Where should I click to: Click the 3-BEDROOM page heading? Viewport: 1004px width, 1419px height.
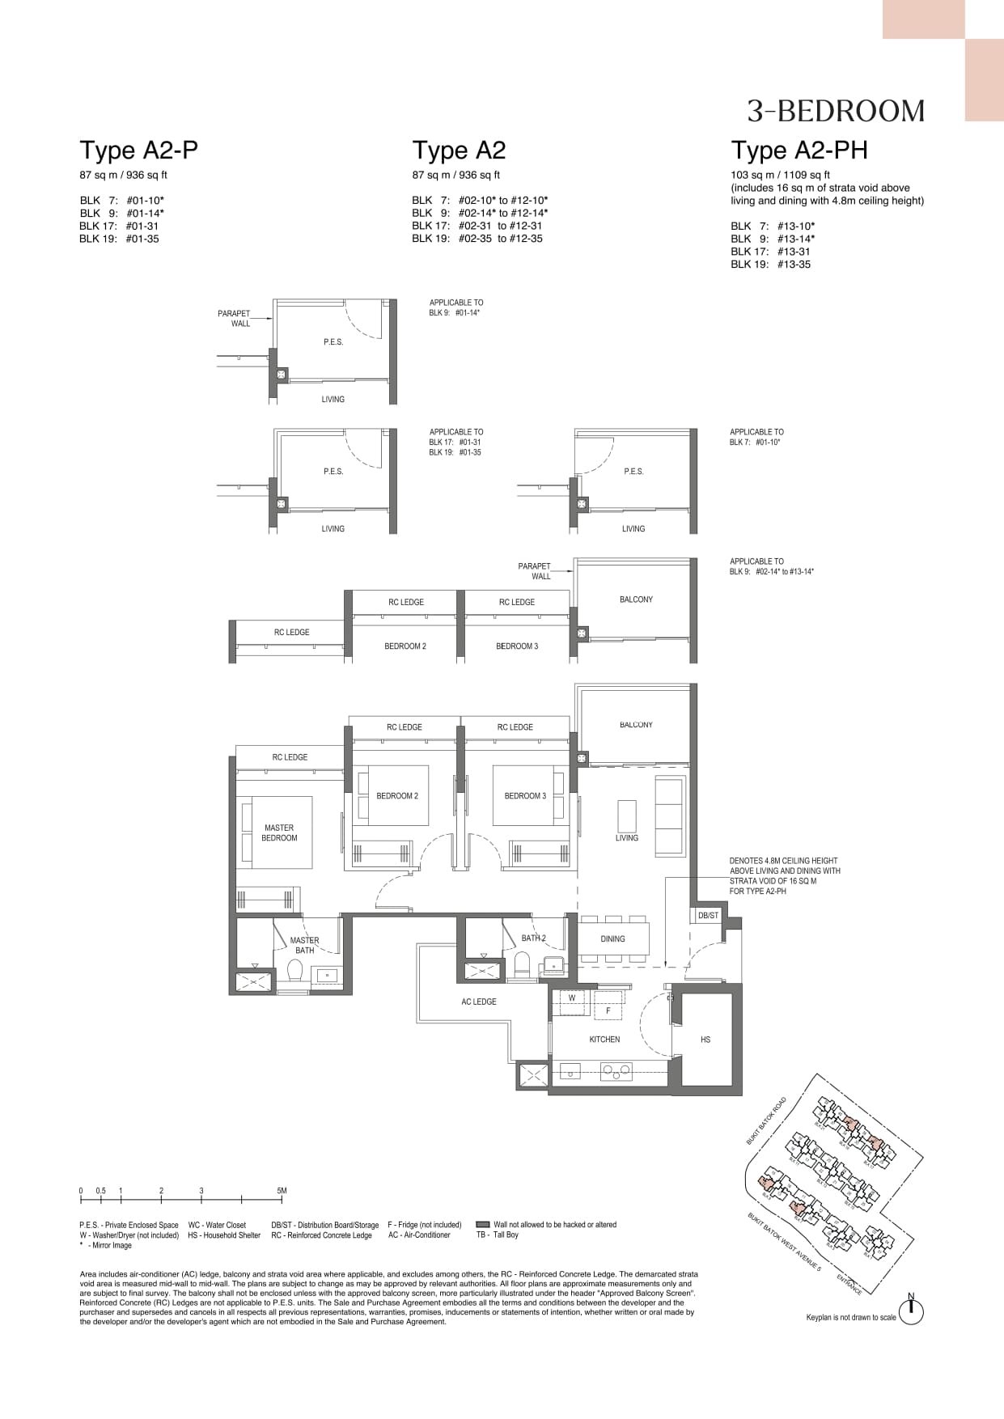[836, 111]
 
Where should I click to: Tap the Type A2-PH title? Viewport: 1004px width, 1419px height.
[799, 150]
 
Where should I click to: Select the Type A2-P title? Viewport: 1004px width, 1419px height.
[138, 150]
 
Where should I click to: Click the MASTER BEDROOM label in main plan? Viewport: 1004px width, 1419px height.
[279, 832]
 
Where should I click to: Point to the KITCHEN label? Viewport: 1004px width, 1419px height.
[604, 1039]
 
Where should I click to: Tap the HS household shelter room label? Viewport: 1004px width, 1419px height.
[705, 1039]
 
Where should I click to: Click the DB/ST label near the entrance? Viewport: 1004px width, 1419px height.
[708, 915]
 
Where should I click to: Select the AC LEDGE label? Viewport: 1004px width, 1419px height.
[479, 1002]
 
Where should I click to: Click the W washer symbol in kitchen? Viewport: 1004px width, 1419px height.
[572, 998]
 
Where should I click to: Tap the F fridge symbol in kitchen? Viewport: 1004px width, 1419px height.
[608, 1010]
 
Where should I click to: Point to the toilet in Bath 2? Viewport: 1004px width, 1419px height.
[522, 965]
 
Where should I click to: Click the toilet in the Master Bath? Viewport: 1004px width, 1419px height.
[295, 973]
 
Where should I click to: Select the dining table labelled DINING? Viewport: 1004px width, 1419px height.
[612, 939]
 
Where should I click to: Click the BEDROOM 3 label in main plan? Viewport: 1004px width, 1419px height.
[525, 796]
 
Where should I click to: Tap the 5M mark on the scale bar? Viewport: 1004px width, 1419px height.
[282, 1191]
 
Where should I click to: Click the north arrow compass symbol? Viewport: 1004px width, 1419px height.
[911, 1312]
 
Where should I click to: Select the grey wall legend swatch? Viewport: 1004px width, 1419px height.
[483, 1225]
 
